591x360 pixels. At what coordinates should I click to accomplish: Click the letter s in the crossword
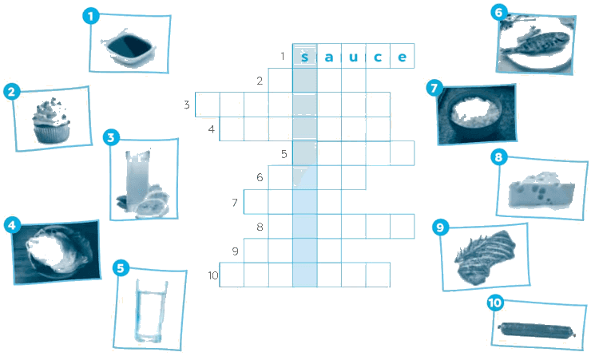click(x=305, y=57)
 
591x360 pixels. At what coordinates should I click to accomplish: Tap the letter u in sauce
click(x=353, y=57)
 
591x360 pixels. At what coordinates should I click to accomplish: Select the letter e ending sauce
click(x=403, y=57)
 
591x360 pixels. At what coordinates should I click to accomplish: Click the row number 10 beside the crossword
click(x=213, y=275)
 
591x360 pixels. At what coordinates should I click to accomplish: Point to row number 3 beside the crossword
click(x=187, y=105)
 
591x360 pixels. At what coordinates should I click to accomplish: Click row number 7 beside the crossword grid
click(x=235, y=203)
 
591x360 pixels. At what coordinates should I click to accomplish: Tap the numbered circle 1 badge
click(x=90, y=16)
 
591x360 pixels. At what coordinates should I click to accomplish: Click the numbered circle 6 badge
click(x=498, y=13)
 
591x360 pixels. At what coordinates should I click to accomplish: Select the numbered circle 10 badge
click(x=495, y=303)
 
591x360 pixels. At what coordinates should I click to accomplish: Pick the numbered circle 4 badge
click(x=12, y=225)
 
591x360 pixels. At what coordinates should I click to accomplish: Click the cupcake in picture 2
click(x=51, y=121)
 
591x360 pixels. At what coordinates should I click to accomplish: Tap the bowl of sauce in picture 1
click(x=129, y=48)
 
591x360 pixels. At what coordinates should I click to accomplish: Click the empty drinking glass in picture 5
click(x=151, y=311)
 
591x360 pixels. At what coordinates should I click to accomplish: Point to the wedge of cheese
click(x=541, y=190)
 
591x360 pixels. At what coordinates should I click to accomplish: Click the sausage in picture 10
click(x=537, y=330)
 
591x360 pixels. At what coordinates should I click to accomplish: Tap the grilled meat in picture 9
click(x=485, y=257)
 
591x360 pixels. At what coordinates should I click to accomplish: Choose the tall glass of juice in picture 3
click(x=137, y=180)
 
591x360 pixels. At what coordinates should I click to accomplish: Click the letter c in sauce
click(x=378, y=57)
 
